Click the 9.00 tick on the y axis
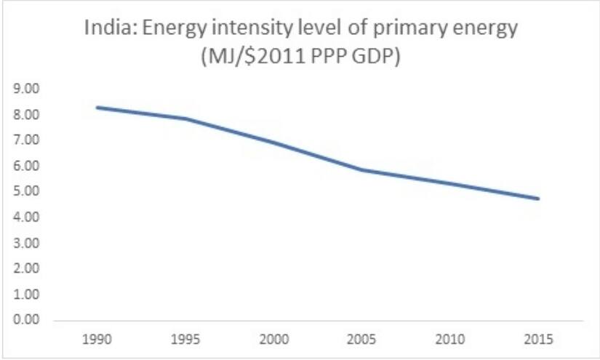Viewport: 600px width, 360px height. pos(25,89)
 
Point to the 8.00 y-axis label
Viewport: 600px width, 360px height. pos(25,115)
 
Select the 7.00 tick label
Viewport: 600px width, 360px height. pos(25,140)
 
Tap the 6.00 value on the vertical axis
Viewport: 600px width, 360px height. pos(25,167)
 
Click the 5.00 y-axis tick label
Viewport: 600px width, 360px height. pos(25,192)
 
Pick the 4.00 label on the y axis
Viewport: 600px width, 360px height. pos(25,217)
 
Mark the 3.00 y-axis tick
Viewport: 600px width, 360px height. pos(25,243)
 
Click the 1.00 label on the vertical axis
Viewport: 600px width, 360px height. pos(25,295)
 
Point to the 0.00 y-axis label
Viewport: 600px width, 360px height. pos(25,320)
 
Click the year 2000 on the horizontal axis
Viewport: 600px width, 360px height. pos(273,339)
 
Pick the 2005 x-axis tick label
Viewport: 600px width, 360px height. pos(361,339)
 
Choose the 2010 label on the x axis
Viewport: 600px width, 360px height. pos(450,339)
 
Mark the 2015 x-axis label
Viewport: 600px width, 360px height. pos(539,339)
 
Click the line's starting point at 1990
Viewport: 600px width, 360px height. pos(96,108)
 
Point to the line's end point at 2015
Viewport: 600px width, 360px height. pos(539,199)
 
